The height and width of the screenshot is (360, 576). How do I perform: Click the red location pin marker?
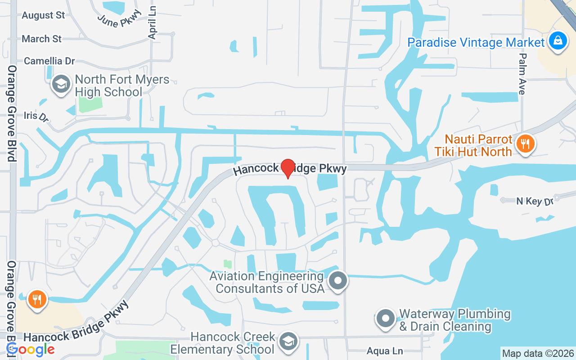(x=288, y=169)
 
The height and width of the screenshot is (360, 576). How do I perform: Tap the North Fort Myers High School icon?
(x=61, y=84)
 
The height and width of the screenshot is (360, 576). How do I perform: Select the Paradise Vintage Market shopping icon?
(x=558, y=41)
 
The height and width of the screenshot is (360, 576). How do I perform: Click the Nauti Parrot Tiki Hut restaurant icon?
(x=525, y=144)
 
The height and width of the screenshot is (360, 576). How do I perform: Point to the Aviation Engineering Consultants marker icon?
(x=338, y=281)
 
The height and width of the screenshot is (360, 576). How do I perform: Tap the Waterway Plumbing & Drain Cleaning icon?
(x=385, y=319)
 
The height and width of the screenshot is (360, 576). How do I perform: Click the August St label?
(x=43, y=15)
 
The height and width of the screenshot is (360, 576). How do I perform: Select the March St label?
(x=41, y=39)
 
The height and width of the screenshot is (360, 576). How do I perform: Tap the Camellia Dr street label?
(x=49, y=61)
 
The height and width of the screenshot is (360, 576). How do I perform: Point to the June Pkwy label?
(x=119, y=18)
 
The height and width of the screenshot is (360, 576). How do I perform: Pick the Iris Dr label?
(x=36, y=116)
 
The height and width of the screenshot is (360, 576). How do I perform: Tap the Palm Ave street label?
(x=522, y=74)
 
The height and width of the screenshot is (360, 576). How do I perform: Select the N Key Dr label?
(x=535, y=201)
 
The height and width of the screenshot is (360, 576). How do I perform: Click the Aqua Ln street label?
(x=384, y=351)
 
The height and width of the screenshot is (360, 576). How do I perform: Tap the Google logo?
(x=31, y=349)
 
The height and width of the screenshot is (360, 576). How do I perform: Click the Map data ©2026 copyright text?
(x=538, y=354)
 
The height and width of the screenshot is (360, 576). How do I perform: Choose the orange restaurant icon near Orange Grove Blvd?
(x=37, y=299)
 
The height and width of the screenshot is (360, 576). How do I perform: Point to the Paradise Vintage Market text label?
(x=476, y=43)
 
